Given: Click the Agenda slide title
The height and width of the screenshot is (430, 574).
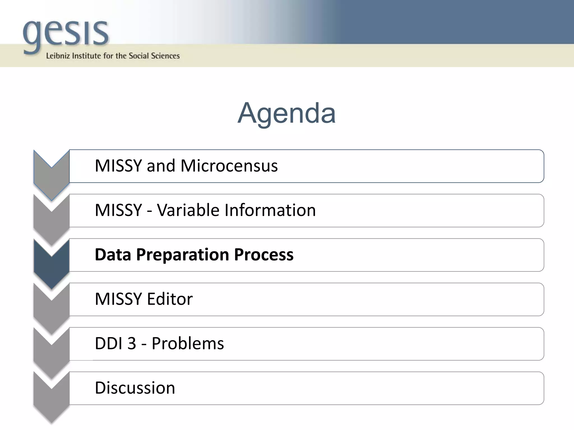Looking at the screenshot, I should point(286,113).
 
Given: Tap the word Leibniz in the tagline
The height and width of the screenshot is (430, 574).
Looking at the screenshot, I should point(58,56).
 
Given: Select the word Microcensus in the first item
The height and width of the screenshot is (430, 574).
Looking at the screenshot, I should point(229,166).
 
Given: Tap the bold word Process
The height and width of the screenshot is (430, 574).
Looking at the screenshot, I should point(264,254).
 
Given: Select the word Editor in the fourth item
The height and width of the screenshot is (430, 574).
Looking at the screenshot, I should point(170,299).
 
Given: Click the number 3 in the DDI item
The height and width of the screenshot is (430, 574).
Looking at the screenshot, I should point(132,343).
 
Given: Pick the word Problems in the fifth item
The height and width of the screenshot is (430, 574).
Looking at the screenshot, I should point(188,343).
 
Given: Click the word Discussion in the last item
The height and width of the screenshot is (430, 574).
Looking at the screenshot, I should point(135,388).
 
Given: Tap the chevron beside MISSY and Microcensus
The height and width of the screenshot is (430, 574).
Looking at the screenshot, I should point(52,176).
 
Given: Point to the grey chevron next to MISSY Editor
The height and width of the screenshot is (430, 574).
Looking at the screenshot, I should point(52,309).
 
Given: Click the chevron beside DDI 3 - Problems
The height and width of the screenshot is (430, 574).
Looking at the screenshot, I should point(52,354).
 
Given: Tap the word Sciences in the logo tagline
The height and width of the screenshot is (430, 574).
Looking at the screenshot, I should point(165,56).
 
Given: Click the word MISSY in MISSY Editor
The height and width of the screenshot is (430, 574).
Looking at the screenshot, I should point(119,299).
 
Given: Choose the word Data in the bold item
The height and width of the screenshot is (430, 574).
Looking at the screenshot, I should point(113,254).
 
